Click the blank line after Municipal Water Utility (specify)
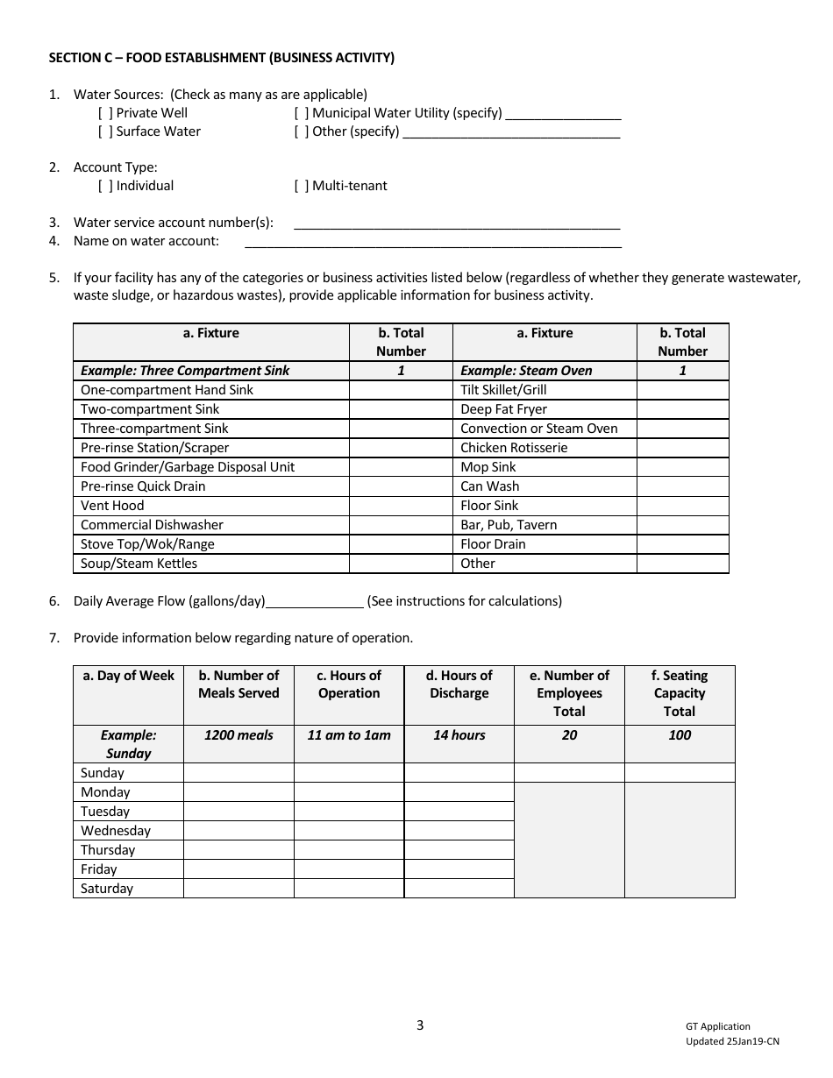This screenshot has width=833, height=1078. (x=563, y=114)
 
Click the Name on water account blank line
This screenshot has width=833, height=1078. (x=432, y=243)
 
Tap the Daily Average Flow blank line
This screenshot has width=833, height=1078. (x=314, y=602)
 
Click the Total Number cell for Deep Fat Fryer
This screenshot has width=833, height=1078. (x=682, y=409)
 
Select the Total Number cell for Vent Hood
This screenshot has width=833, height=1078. (x=401, y=506)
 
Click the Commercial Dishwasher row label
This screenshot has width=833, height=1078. (x=152, y=525)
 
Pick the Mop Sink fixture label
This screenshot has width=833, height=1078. (x=488, y=467)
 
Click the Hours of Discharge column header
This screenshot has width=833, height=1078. (x=459, y=684)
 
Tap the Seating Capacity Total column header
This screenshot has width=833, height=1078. (x=679, y=693)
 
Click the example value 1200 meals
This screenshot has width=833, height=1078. (x=239, y=735)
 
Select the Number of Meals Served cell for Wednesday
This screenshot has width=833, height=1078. (x=239, y=831)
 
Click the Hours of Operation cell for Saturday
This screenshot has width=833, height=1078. (x=348, y=889)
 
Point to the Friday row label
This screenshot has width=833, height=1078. (x=98, y=869)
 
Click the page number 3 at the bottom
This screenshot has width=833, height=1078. (x=420, y=1025)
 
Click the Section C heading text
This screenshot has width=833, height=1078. (x=221, y=58)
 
